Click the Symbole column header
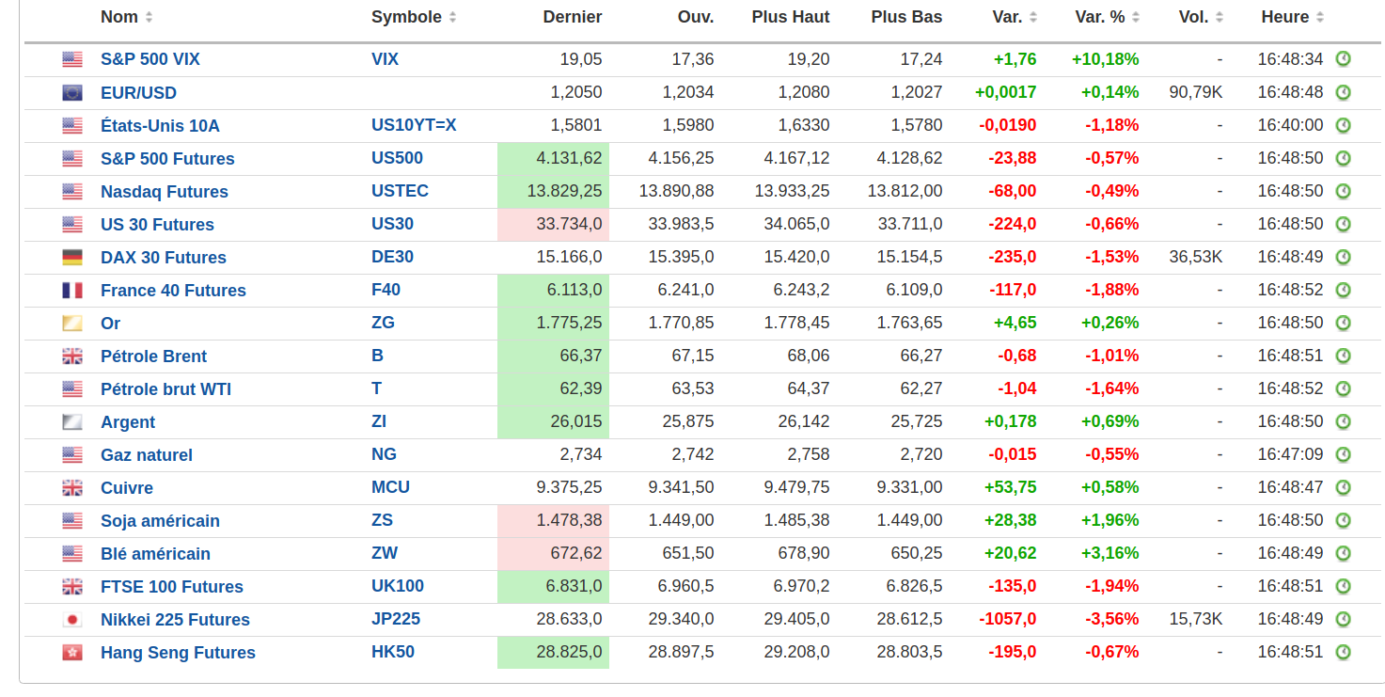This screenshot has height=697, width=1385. (405, 17)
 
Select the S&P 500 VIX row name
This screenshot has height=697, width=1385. (150, 59)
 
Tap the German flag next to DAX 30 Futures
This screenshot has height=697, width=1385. (72, 257)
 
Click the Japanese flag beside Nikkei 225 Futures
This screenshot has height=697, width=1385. (72, 619)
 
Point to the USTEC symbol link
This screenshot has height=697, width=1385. (400, 191)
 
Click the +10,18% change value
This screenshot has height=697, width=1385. (1105, 59)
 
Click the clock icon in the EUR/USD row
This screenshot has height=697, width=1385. (1343, 92)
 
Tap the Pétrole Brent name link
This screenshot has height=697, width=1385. (153, 356)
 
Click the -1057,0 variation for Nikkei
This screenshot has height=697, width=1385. (1007, 619)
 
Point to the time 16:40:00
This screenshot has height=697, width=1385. (1290, 125)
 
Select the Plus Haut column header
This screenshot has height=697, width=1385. (791, 17)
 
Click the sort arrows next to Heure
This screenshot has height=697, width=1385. (1320, 17)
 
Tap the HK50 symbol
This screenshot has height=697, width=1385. (393, 652)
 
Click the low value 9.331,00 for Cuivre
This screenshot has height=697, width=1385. (909, 487)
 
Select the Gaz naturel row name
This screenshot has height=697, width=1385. (147, 454)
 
